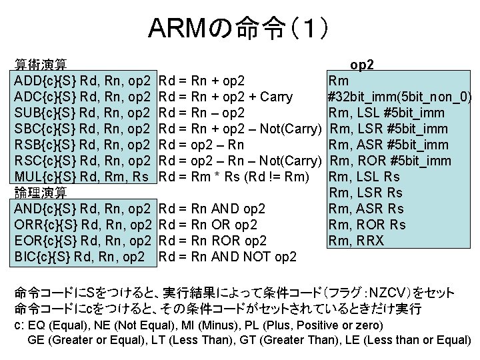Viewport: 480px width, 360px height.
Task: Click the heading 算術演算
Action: click(40, 65)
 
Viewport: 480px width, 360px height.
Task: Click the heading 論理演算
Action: click(40, 193)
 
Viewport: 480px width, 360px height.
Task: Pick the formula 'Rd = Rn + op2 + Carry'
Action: click(227, 97)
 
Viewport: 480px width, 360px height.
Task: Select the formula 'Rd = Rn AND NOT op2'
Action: click(229, 256)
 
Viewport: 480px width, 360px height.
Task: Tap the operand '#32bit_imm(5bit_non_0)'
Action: click(400, 97)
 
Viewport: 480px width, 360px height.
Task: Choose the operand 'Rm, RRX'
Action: click(356, 240)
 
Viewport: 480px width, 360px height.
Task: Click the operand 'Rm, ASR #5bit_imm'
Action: click(385, 145)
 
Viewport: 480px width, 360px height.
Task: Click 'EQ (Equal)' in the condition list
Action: click(55, 325)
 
